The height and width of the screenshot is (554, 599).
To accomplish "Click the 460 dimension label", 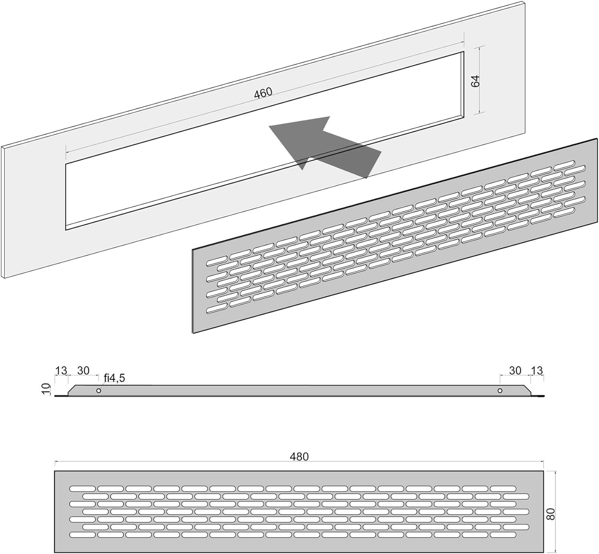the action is pos(263,93).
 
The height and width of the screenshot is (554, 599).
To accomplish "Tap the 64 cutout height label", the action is pos(475,81).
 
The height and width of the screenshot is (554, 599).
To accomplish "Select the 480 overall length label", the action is pos(299,457).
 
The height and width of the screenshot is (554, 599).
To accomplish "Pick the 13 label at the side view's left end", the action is pos(61,371).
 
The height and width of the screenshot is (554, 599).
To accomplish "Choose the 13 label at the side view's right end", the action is pos(537,371).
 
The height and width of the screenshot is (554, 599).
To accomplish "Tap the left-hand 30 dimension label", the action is pos(83,371).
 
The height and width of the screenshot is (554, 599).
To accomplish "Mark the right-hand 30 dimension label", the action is pos(515,371).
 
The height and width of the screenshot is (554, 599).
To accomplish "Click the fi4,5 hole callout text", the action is pos(114,378).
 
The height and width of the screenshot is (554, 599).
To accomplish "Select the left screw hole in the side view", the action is pos(99,391).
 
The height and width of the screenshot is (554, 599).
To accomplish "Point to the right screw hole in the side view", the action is pos(500,391).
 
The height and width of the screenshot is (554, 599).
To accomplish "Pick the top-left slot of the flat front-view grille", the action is pos(82,488).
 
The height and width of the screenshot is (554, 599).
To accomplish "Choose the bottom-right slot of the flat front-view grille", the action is pos(503,535).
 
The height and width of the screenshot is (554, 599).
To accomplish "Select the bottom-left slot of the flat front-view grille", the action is pos(82,535).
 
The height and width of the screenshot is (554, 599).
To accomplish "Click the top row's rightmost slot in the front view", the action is pos(503,488).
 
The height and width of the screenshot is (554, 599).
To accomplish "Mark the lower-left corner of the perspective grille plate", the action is pos(193,333).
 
